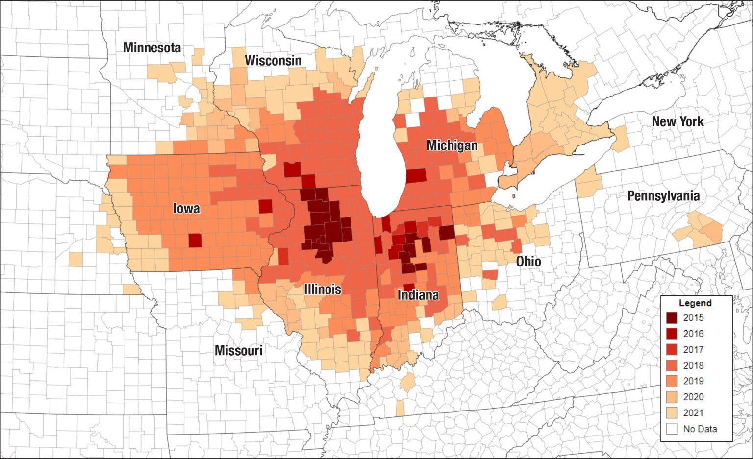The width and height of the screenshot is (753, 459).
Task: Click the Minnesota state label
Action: point(152,48)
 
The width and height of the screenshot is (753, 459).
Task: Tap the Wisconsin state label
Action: point(273,61)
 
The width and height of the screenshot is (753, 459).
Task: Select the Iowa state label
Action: point(186,209)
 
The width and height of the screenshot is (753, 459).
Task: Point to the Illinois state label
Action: point(322,289)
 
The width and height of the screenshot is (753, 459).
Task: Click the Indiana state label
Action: point(418,295)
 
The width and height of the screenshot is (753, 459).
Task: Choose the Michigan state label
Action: point(452,145)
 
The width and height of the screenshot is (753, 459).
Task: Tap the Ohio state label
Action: point(528,262)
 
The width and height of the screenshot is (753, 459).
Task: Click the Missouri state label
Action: point(238,351)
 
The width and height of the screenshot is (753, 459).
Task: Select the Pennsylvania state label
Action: point(663,196)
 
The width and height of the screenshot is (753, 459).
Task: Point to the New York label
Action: point(678,121)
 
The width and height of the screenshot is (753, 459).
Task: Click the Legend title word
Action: point(695,303)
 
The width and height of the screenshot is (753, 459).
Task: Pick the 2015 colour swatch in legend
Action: point(672,318)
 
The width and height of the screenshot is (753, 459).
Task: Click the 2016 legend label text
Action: point(693,334)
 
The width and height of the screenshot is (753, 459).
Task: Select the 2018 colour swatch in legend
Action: point(672,365)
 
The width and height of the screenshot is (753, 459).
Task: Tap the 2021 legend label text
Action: point(693,413)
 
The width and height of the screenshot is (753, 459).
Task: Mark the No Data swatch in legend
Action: point(672,429)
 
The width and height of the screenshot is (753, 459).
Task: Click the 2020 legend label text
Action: point(693,397)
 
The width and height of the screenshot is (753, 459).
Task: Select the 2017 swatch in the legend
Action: point(672,350)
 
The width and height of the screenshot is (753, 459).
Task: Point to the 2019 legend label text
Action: point(693,381)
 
